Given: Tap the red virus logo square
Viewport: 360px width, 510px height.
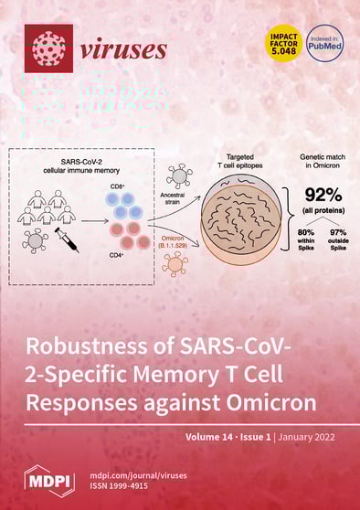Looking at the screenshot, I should pyautogui.click(x=48, y=48).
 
